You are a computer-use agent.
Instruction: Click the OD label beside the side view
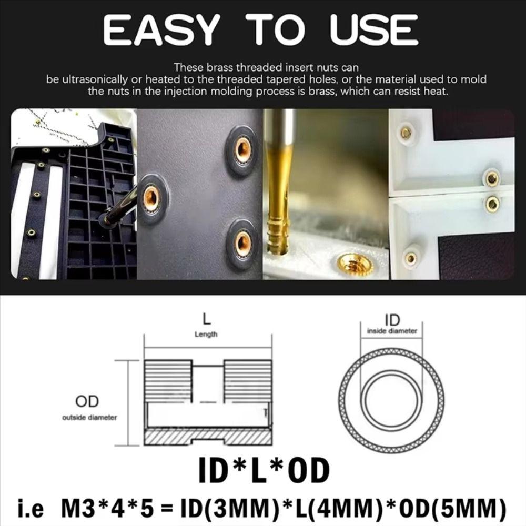click(x=87, y=402)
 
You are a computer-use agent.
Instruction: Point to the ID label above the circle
click(x=392, y=320)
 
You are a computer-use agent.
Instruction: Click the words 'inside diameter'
click(x=392, y=331)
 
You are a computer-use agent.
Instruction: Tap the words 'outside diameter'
click(x=89, y=418)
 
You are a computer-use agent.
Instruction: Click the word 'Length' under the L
click(x=206, y=334)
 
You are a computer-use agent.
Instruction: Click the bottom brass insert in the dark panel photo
click(x=242, y=243)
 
